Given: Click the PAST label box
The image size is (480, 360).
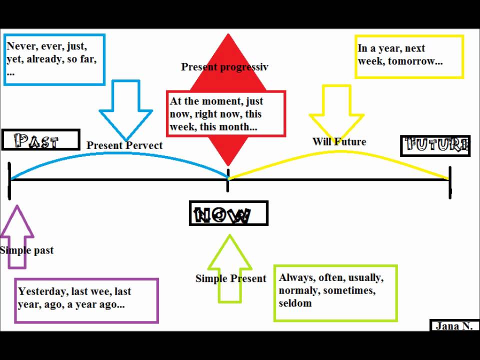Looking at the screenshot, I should click(40, 140).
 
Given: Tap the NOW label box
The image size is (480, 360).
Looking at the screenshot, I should click(228, 213).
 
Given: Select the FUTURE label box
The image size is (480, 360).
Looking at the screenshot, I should click(435, 145).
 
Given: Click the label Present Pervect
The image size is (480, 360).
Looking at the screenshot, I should click(124, 145).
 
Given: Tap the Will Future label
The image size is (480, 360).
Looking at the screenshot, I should click(339, 141).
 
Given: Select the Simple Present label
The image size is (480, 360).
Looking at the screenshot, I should click(230, 278).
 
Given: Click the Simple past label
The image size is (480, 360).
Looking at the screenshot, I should click(26, 250).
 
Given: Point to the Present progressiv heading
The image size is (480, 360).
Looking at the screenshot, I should click(224, 67).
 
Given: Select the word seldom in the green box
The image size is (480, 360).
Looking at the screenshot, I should click(295, 303).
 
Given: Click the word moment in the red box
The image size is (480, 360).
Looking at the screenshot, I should click(222, 101).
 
